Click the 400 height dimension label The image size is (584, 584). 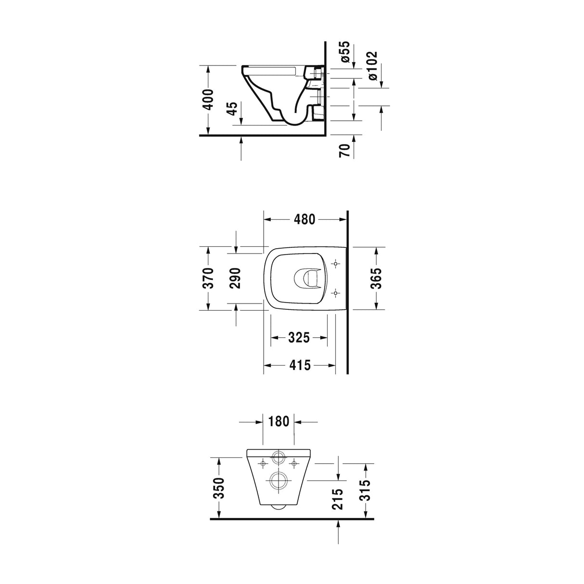[x=208, y=100]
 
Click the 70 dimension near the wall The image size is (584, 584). [x=344, y=150]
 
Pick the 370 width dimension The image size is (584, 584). [x=208, y=278]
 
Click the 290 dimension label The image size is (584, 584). [x=236, y=278]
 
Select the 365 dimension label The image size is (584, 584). [x=377, y=278]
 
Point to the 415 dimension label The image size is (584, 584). [x=299, y=366]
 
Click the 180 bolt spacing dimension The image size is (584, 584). [x=279, y=422]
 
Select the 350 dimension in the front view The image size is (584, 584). [x=219, y=488]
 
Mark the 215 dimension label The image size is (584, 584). [x=339, y=499]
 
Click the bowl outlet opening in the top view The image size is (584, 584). [x=306, y=278]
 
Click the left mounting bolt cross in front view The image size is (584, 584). [x=263, y=464]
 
